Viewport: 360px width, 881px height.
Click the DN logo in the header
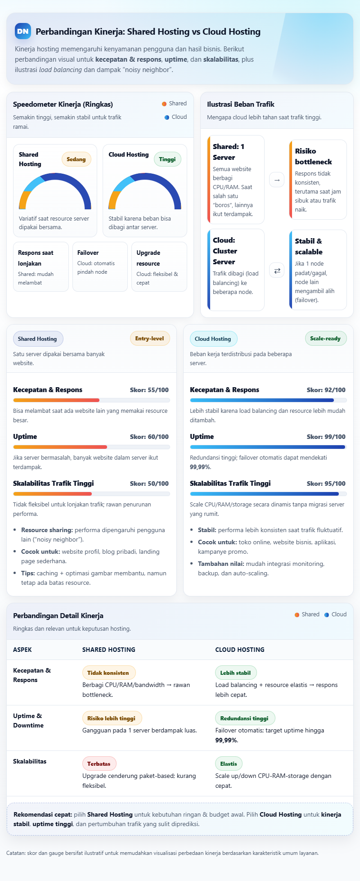coord(23,32)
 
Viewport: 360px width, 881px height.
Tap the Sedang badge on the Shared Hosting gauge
coord(76,159)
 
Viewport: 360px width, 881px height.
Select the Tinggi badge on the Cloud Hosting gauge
coord(167,159)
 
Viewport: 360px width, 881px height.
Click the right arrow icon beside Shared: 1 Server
coord(277,180)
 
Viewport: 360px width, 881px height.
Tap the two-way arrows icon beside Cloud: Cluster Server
coord(277,270)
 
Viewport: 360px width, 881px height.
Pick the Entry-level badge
coord(149,339)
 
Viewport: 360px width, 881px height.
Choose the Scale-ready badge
coord(325,339)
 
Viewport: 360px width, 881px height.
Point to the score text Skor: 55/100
coord(149,390)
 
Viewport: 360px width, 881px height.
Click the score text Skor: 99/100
coord(326,437)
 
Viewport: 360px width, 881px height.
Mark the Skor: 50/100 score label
coord(149,483)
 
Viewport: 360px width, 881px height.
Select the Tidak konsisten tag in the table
coord(108,673)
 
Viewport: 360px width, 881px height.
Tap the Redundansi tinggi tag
coord(244,718)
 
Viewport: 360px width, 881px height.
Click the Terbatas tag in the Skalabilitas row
coord(99,764)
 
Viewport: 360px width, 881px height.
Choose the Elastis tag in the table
coord(229,764)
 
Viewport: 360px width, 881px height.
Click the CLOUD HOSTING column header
coord(240,650)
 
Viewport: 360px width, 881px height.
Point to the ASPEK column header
coord(22,650)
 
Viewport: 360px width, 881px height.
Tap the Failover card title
coord(88,253)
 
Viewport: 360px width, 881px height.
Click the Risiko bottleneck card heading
coord(313,156)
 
